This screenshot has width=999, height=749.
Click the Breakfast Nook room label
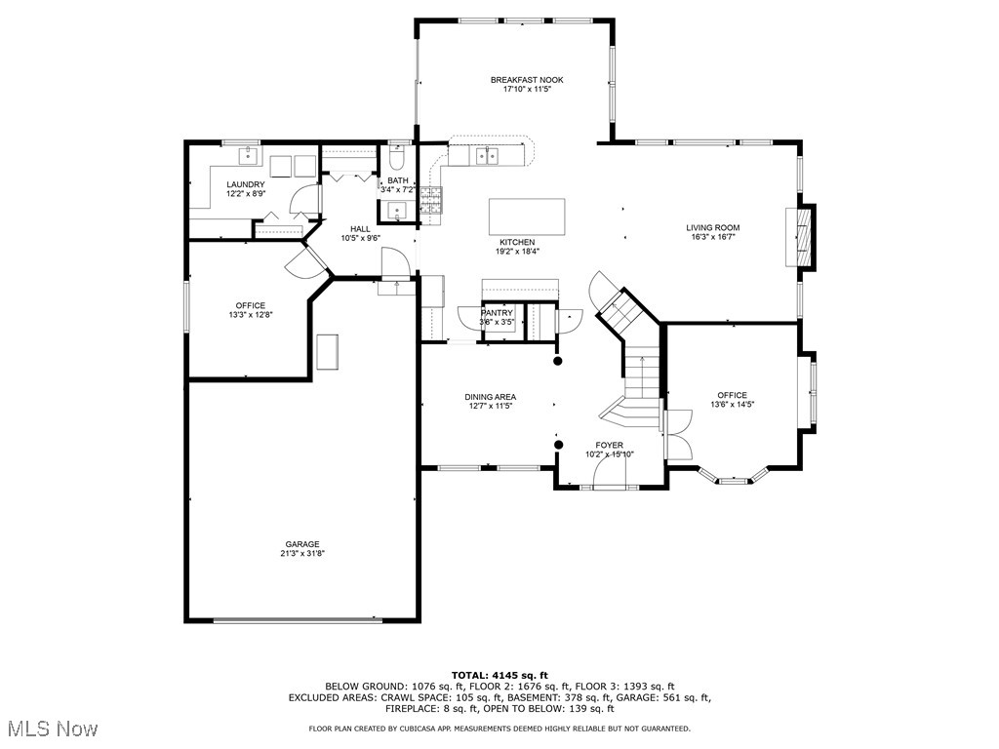coord(527,80)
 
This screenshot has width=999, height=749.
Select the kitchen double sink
coord(488,154)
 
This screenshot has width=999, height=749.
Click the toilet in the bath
coord(397,158)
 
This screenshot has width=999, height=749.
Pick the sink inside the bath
coord(396,211)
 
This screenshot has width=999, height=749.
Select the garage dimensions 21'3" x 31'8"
coord(302,553)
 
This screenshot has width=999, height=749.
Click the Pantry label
coord(497,313)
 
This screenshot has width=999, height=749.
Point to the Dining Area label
coord(490,397)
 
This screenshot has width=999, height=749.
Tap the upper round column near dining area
coord(558,361)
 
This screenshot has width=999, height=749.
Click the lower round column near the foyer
coord(559,446)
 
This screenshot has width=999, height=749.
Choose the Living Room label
coord(712,227)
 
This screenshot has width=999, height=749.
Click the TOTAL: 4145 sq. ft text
coord(499,675)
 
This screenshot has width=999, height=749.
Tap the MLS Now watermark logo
coord(52,729)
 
